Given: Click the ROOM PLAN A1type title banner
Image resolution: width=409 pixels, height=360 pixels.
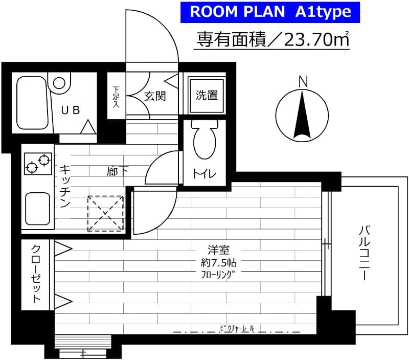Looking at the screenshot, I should point(270,12).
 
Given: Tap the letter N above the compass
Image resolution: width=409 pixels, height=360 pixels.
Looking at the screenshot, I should point(303,81).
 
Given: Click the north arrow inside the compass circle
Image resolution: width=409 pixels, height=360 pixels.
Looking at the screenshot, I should point(302,116).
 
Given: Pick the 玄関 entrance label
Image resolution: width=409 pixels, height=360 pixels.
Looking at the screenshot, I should point(154,96).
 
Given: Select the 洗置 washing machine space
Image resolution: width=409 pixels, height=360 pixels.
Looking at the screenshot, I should point(207,95).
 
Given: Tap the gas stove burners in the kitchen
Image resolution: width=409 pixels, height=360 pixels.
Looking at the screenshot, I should point(38,163).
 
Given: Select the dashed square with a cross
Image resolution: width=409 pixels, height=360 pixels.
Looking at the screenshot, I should point(106,213).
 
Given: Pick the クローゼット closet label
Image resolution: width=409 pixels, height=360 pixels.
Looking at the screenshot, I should point(36,274).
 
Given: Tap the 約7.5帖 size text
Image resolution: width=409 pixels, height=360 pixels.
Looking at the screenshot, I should point(218,263).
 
